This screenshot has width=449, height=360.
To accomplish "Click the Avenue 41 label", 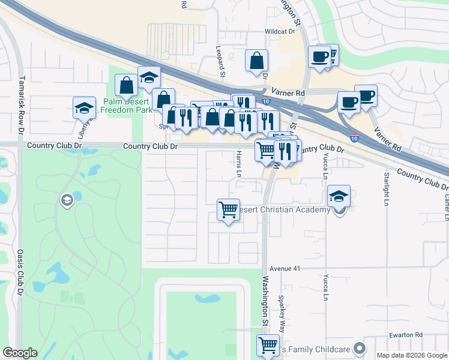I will pyautogui.click(x=285, y=269).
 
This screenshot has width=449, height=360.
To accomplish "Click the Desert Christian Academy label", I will pyautogui.click(x=285, y=209).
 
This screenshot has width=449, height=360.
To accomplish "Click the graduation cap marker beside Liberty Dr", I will pyautogui.click(x=85, y=107).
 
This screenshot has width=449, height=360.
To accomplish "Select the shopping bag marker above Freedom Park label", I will pyautogui.click(x=127, y=85).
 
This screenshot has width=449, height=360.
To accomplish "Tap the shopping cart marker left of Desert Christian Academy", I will pyautogui.click(x=228, y=210).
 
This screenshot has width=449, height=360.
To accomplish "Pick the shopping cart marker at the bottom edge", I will pyautogui.click(x=268, y=345).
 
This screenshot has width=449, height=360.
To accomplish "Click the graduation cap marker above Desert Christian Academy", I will pyautogui.click(x=339, y=196).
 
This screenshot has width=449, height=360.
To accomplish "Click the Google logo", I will pyautogui.click(x=20, y=353).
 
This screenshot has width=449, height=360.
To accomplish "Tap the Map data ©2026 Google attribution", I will pyautogui.click(x=411, y=355).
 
